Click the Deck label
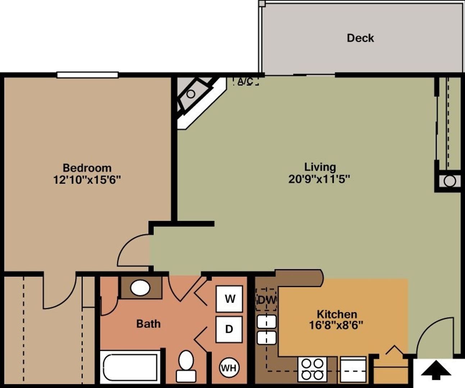click(x=360, y=38)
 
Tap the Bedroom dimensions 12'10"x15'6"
click(x=87, y=179)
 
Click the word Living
click(x=320, y=167)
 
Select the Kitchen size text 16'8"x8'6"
click(x=336, y=325)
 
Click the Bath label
click(x=148, y=324)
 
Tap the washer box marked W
click(x=229, y=299)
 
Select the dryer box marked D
click(x=229, y=329)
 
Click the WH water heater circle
click(x=229, y=368)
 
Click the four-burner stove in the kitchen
click(x=312, y=369)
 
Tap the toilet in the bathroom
click(x=186, y=365)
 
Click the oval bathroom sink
click(x=140, y=288)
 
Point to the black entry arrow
click(x=436, y=370)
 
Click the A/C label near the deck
click(x=245, y=82)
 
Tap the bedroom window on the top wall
click(x=87, y=75)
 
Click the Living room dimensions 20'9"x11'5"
click(x=319, y=179)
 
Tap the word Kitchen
click(x=337, y=314)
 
